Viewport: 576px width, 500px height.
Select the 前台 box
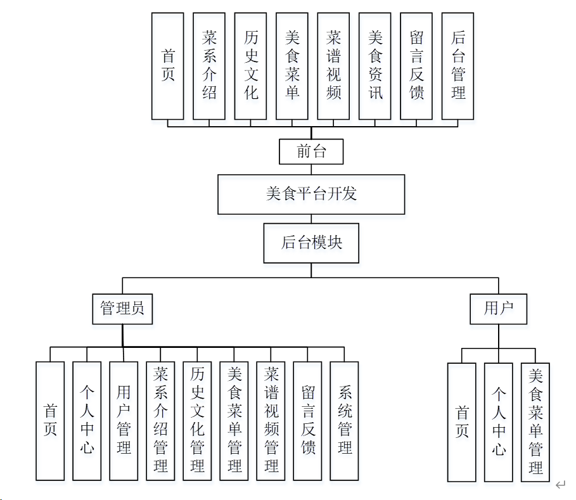[311, 152]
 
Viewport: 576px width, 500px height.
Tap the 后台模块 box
[311, 243]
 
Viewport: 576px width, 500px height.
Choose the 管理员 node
[122, 309]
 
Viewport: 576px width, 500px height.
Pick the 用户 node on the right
[498, 309]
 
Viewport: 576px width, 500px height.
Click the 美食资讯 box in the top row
[375, 66]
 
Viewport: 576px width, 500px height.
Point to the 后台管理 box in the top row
[458, 66]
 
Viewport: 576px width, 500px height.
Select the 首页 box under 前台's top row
[168, 66]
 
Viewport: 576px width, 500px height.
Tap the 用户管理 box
[124, 421]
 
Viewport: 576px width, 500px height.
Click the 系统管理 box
[344, 421]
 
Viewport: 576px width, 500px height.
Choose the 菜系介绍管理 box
[160, 421]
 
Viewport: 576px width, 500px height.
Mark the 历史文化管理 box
[197, 421]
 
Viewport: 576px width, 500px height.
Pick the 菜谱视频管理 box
[271, 421]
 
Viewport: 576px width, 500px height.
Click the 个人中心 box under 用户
[499, 422]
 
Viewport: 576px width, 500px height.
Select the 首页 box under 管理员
[50, 421]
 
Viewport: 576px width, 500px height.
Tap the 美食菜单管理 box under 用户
[535, 422]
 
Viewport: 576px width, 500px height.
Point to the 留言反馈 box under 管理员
[308, 421]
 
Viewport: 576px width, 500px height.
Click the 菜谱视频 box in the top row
[333, 66]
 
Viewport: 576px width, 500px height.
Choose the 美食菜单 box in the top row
[292, 66]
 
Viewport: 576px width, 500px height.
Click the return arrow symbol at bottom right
[560, 485]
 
